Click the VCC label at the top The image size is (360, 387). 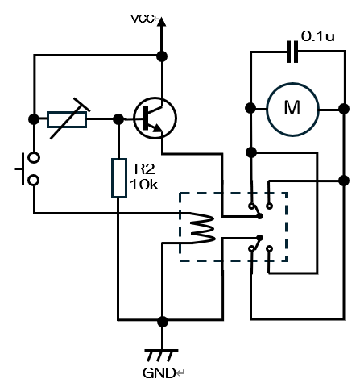pos(143,19)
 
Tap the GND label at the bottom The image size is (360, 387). pos(159,373)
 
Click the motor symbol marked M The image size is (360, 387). pos(292,109)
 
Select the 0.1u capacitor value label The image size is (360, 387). pos(318,36)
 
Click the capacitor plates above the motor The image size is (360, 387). pos(292,52)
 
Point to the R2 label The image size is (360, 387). pos(145,169)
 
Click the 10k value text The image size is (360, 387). pos(144,185)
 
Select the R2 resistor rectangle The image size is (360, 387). pos(119,178)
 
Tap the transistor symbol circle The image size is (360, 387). pos(155,118)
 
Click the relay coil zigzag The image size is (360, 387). pos(202,228)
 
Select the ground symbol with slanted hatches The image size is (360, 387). pos(161,356)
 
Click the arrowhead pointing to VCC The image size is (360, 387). pos(161,22)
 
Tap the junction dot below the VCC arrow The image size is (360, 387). pos(162,56)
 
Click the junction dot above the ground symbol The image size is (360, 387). pos(163,322)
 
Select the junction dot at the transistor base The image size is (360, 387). pos(118,119)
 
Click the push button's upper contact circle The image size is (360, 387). pos(34,157)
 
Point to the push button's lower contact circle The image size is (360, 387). pos(34,180)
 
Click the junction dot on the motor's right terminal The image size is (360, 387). pos(344,109)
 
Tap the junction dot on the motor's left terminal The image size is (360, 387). pos(250,108)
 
